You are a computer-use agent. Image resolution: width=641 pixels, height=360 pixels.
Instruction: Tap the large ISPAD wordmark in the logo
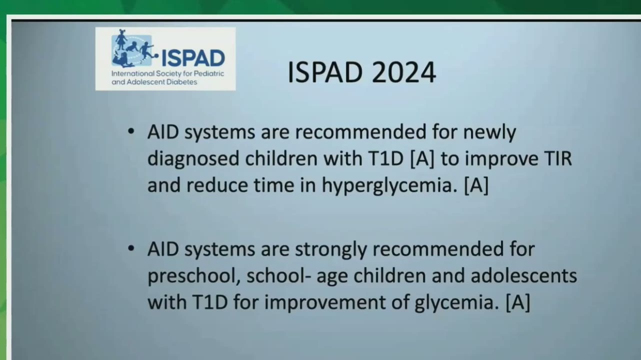coord(193,58)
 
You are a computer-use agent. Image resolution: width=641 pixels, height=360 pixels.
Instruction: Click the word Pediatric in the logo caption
coord(209,73)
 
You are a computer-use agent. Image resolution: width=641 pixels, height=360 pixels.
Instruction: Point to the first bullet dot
coord(131,131)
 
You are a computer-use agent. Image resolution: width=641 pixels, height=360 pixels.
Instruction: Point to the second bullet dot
coord(131,248)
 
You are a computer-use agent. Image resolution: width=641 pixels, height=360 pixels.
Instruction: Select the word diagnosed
coord(193,159)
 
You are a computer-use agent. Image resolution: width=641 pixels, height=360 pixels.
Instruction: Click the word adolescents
coord(523,275)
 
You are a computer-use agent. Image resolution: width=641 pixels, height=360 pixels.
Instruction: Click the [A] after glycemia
coord(518,302)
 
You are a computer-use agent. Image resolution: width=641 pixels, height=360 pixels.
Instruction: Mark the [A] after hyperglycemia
coord(476,185)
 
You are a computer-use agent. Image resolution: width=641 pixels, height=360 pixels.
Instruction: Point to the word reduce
coord(217,185)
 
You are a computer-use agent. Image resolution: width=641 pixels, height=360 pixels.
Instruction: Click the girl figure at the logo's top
coord(121,39)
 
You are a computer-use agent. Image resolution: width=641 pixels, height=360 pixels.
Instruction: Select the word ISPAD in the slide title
coord(325,72)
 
